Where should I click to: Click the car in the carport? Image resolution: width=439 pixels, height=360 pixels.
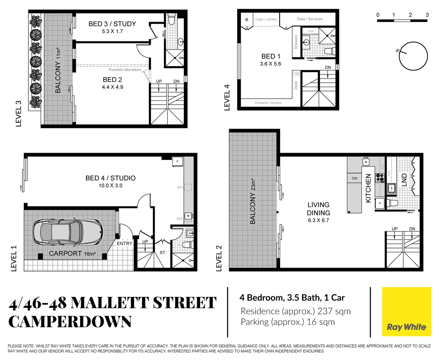(67, 232)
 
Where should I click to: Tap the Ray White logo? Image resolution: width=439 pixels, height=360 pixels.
(406, 327)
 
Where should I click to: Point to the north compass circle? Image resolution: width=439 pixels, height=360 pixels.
(413, 56)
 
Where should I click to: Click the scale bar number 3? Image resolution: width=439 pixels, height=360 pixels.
(427, 15)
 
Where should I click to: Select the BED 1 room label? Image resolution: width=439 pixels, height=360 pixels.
(271, 56)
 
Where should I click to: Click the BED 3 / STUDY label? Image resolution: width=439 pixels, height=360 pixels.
(112, 24)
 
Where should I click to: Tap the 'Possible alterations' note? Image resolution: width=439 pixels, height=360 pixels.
(125, 70)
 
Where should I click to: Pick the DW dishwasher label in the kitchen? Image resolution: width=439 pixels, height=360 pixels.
(355, 178)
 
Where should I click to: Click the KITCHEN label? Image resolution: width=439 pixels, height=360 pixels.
(368, 188)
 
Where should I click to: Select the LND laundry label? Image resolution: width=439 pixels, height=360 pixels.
(404, 180)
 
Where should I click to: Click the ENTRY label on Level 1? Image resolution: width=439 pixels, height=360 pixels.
(124, 244)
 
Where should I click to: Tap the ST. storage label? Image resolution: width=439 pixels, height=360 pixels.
(163, 253)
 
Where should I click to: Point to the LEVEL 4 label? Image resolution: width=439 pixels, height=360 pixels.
(227, 97)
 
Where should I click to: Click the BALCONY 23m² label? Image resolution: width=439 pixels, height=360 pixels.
(253, 201)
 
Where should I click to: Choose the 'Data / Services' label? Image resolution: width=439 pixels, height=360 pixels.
(310, 19)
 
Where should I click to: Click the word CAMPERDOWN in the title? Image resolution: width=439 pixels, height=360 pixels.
(70, 322)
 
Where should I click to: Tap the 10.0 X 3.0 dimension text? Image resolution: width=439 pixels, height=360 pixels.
(110, 186)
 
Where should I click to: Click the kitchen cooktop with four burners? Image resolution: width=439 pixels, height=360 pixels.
(380, 178)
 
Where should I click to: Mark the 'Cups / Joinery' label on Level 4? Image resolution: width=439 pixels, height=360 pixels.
(266, 19)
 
